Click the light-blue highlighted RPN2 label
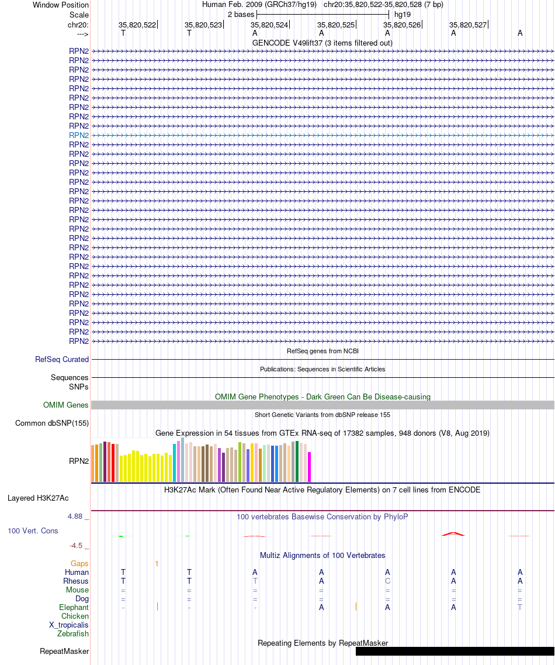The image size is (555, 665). coord(79,135)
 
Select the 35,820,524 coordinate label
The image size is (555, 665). coord(269,25)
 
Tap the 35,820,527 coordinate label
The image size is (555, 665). coord(468,25)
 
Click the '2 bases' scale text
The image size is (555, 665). coord(241,15)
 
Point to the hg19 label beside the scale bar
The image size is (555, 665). coord(403,15)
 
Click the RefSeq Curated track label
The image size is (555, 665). coord(62,359)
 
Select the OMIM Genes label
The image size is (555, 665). coord(65,405)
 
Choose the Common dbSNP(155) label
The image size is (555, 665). coord(51,423)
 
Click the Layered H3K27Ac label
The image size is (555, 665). coord(38,498)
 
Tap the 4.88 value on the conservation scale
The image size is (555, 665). coord(75,516)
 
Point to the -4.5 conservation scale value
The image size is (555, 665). coord(76,546)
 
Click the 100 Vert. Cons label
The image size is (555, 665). coord(33,531)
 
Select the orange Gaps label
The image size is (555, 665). coord(79,564)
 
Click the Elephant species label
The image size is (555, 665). coord(74,607)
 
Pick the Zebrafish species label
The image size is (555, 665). coord(73,633)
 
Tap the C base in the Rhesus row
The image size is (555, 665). coord(387,581)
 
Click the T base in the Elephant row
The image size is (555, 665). coord(520,607)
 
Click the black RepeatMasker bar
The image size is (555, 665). coord(455,651)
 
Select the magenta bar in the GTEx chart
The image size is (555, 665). coord(309,467)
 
